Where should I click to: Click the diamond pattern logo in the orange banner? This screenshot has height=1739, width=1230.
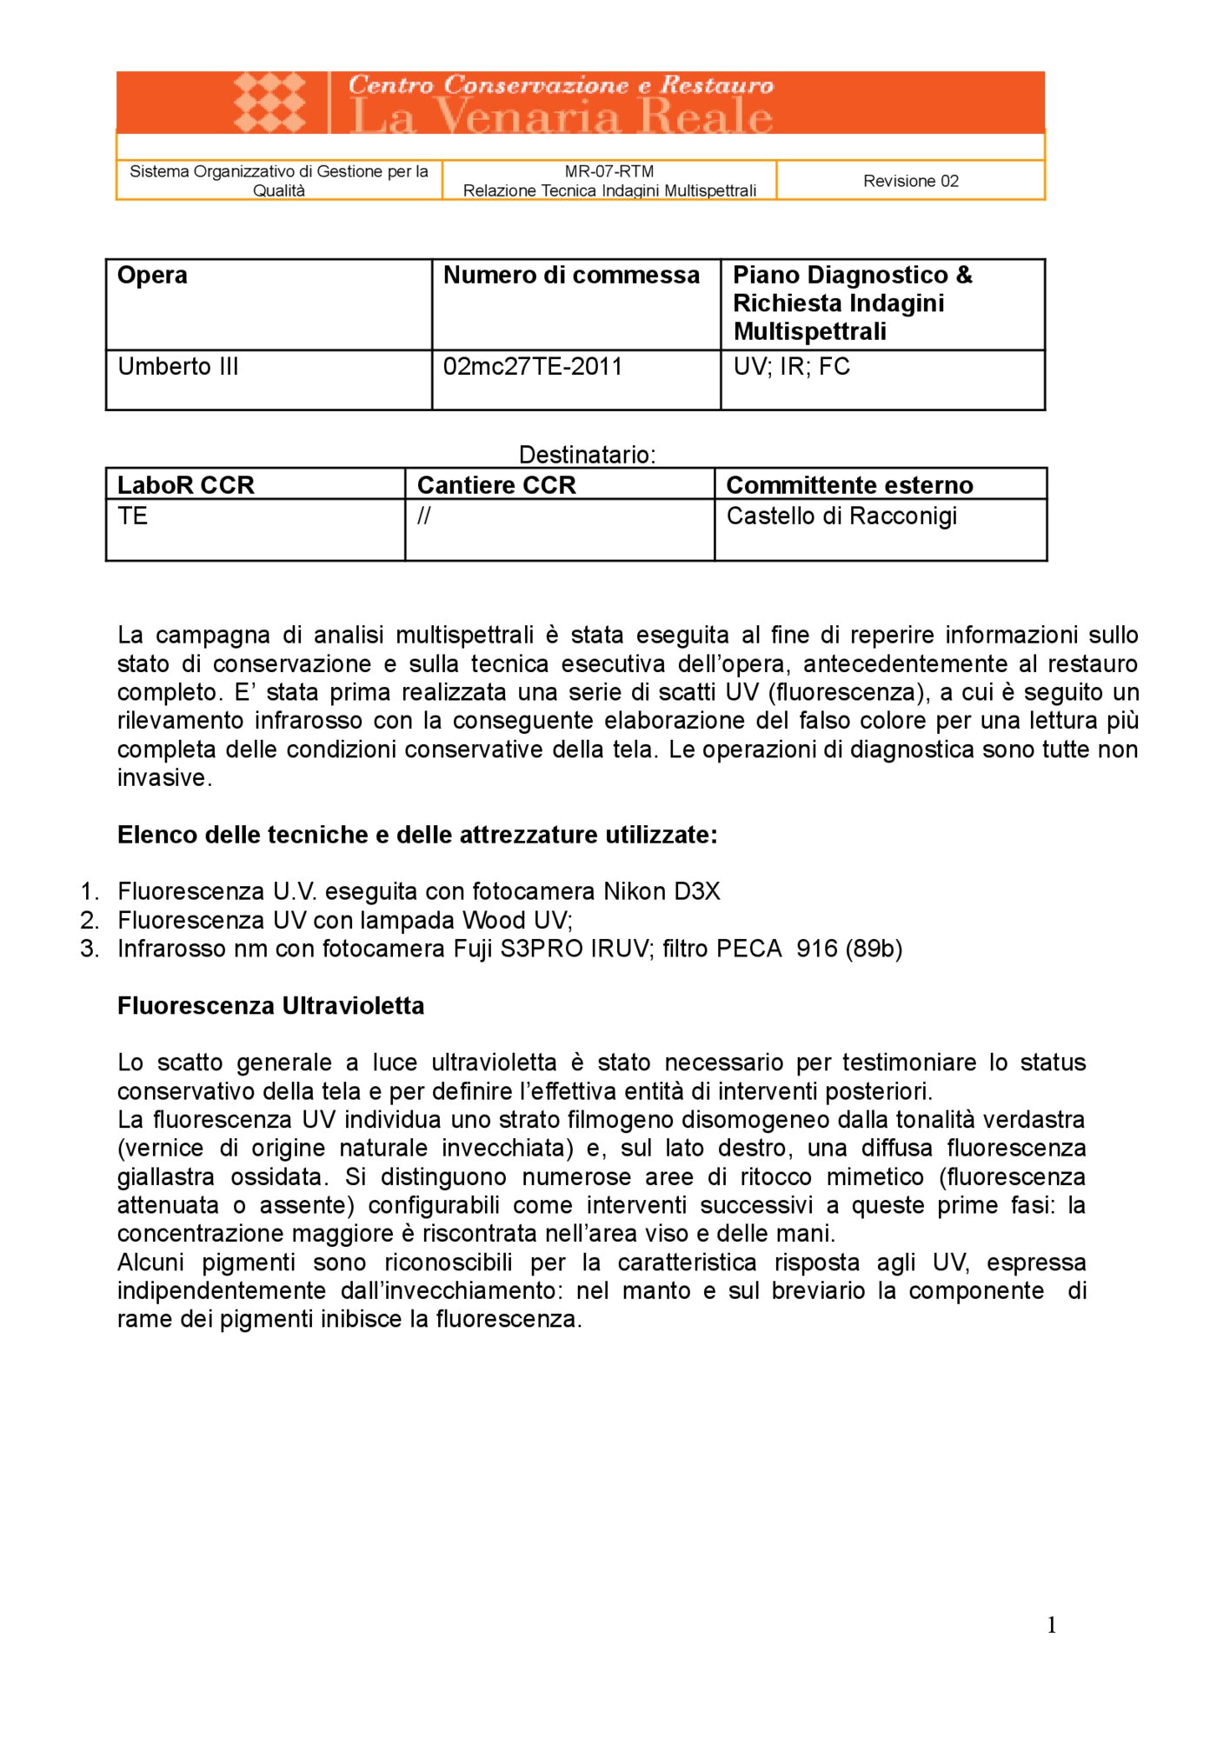(x=269, y=103)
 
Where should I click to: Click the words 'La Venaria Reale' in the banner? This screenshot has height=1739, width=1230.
(x=561, y=117)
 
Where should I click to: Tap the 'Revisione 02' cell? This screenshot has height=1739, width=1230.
(x=910, y=181)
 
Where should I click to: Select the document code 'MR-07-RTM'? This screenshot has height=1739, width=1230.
(x=608, y=171)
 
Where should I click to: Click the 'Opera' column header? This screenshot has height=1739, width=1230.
(x=152, y=276)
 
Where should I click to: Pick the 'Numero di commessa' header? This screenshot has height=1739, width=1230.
(x=571, y=276)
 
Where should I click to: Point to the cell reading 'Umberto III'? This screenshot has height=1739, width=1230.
(x=177, y=367)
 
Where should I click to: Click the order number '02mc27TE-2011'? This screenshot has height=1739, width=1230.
(x=532, y=367)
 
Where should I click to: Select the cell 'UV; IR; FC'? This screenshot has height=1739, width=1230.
(x=791, y=367)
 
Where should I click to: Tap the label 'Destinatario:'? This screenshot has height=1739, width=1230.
(x=587, y=455)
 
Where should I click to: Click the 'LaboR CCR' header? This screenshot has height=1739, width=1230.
(x=185, y=485)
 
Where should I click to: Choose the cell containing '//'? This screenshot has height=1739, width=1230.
(x=423, y=516)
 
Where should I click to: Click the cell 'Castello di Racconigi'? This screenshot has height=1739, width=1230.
(x=841, y=516)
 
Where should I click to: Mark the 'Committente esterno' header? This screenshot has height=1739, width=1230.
(x=849, y=485)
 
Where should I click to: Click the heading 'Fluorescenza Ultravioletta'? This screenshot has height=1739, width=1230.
(x=270, y=1006)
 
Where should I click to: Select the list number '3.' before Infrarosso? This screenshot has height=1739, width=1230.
(x=90, y=949)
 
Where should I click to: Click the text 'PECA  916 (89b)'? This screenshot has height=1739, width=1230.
(x=808, y=949)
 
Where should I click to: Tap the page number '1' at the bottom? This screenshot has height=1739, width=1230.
(x=1052, y=1625)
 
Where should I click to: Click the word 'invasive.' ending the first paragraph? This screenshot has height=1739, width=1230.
(x=164, y=778)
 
